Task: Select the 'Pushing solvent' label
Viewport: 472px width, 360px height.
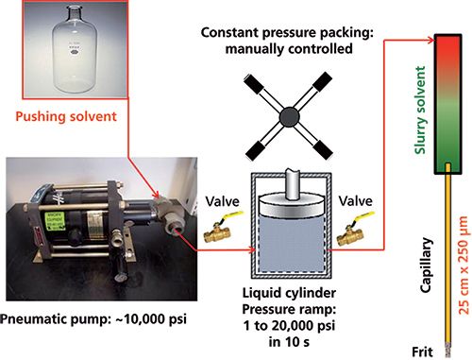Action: click(66, 116)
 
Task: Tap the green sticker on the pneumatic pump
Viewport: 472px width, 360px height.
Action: click(56, 220)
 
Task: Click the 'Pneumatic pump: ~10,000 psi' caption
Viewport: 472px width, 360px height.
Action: click(93, 319)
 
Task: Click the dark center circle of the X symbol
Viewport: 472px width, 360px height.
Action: click(289, 116)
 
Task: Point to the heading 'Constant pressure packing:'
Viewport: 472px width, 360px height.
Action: click(287, 33)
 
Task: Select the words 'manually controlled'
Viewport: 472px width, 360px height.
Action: click(289, 49)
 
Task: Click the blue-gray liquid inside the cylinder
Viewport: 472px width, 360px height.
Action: click(291, 244)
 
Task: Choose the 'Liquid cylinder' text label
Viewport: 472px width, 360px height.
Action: click(289, 293)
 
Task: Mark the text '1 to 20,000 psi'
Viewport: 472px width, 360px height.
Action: click(289, 326)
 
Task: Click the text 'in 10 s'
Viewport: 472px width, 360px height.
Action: click(289, 342)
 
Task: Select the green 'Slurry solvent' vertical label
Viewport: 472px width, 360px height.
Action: click(420, 111)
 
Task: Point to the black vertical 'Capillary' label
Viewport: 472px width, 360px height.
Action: click(426, 266)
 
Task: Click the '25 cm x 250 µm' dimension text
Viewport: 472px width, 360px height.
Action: click(464, 265)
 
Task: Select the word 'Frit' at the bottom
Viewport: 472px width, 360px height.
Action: click(422, 351)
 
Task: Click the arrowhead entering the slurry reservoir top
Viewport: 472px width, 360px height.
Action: click(431, 40)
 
